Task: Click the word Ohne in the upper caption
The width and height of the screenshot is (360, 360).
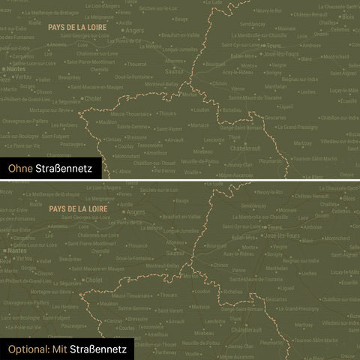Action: click(21, 169)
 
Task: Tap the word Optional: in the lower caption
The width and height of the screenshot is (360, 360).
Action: click(28, 349)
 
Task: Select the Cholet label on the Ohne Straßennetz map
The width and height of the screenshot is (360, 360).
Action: click(94, 98)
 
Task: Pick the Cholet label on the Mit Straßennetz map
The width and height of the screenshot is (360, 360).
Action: click(94, 279)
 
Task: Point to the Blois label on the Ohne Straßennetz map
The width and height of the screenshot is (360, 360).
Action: click(348, 16)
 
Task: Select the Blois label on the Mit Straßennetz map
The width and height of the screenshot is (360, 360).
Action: click(348, 198)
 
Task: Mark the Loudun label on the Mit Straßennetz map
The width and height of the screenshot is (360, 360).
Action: click(200, 291)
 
